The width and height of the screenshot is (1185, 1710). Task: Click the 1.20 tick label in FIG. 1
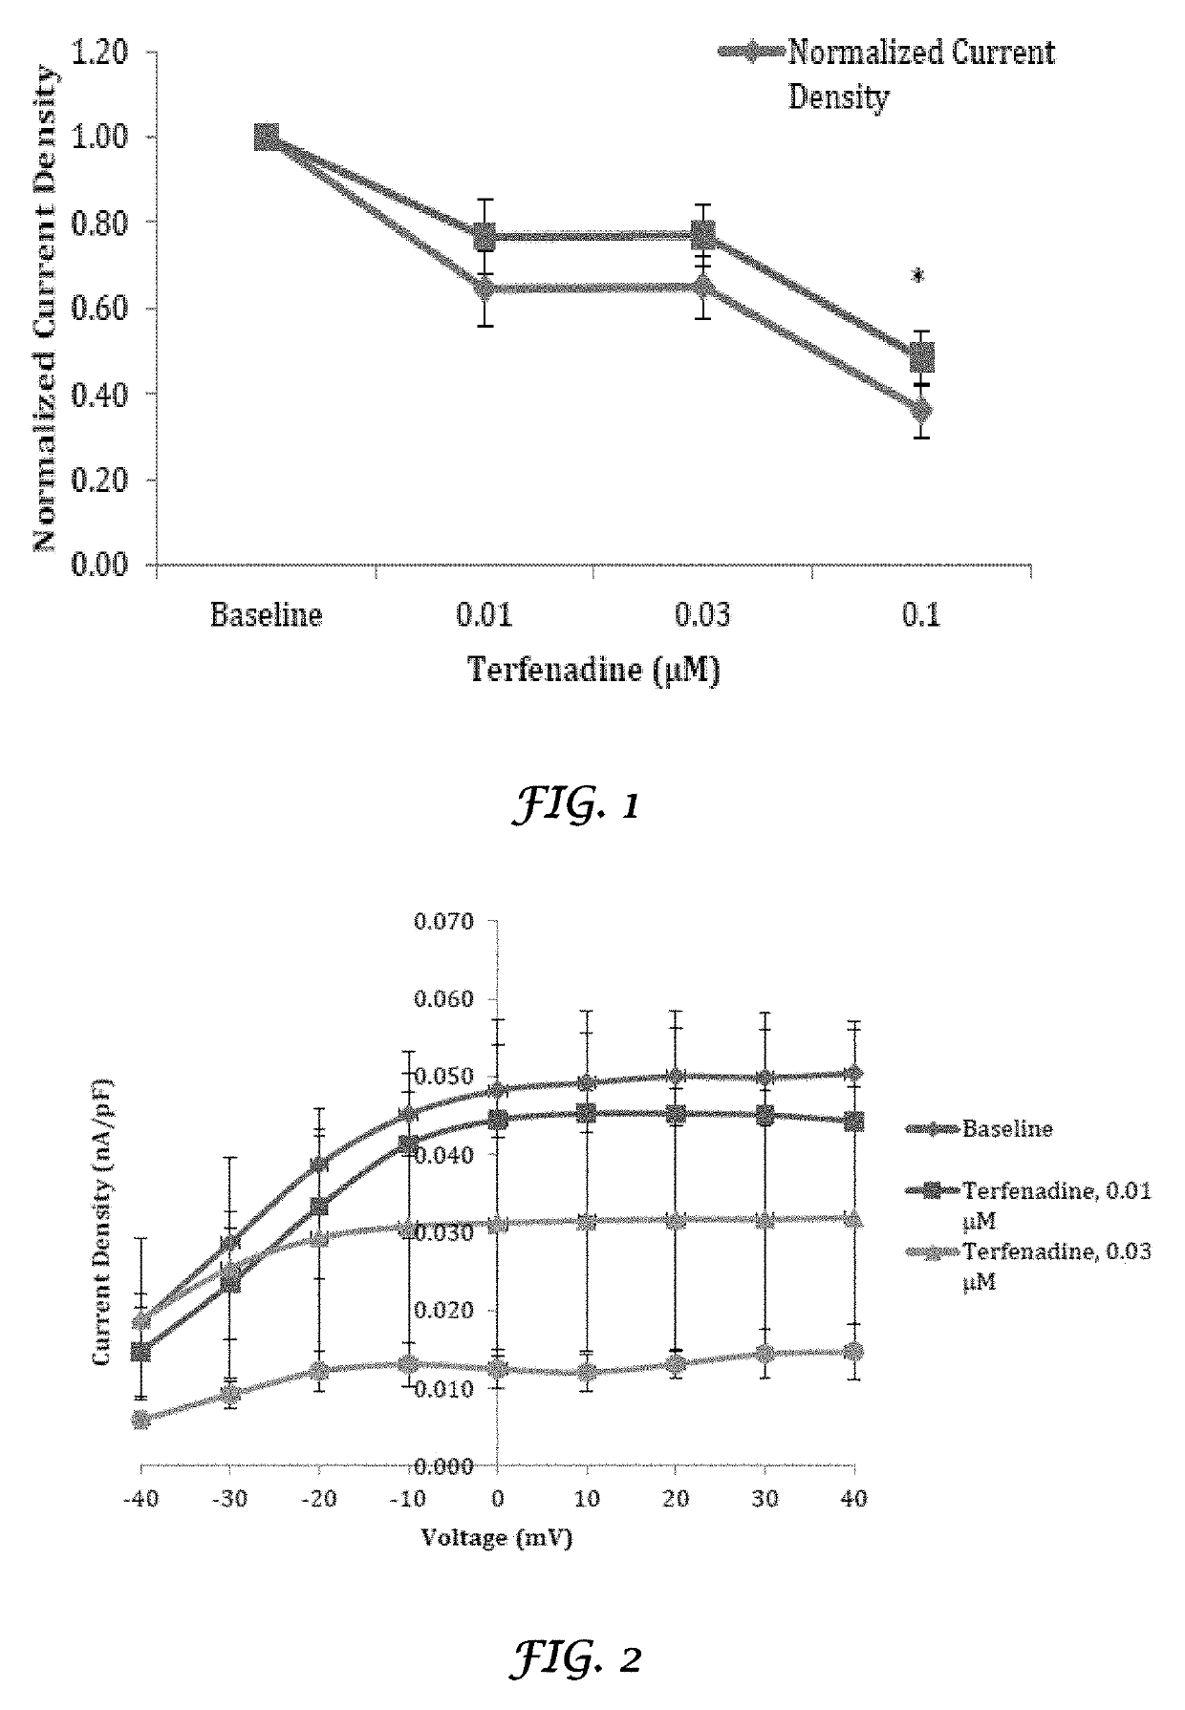coord(99,52)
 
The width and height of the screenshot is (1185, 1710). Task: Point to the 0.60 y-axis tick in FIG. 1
coord(99,308)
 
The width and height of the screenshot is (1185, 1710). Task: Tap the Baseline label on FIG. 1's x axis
coord(266,614)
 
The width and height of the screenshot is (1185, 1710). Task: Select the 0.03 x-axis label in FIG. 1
coord(702,614)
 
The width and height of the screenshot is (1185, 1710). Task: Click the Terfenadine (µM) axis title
coord(592,669)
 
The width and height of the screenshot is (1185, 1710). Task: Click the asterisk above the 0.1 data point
coord(918,278)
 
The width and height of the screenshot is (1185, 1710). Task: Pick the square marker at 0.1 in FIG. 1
coord(921,358)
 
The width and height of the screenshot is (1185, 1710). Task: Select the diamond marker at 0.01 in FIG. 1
coord(485,289)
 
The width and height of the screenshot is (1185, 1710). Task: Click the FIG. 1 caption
coord(575,805)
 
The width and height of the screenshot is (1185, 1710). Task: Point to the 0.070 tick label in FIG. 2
coord(442,922)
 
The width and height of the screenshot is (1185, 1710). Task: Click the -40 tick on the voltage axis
coord(140,1498)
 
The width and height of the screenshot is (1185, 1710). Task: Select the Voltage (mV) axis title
coord(496,1537)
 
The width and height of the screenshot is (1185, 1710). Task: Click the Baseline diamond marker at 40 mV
coord(853,1073)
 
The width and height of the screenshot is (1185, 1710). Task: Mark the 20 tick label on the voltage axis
coord(675,1498)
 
